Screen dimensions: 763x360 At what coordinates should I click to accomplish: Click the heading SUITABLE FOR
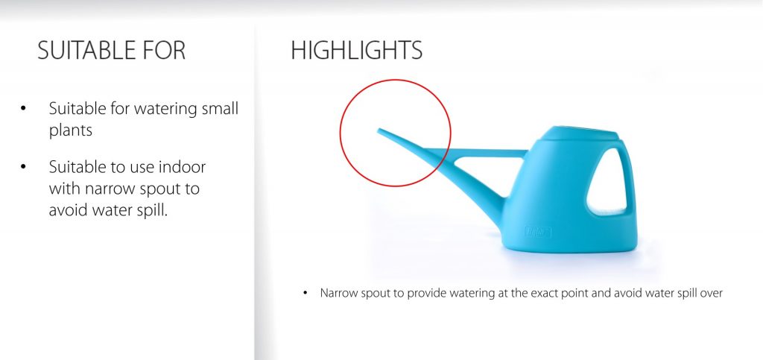tap(112, 50)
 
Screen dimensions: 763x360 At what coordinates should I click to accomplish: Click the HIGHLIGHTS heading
tap(357, 50)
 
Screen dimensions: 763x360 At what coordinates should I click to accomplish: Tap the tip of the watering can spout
tap(379, 130)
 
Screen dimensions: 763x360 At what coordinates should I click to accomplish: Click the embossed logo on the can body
tap(538, 232)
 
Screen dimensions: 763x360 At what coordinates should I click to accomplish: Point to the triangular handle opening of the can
tap(608, 183)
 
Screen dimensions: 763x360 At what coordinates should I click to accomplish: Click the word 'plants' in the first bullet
tap(71, 130)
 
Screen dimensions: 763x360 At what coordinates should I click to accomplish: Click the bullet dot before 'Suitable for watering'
tap(23, 108)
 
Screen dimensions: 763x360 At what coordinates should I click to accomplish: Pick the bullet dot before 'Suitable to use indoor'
tap(23, 167)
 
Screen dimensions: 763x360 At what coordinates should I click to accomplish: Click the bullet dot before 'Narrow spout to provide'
tap(305, 293)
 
